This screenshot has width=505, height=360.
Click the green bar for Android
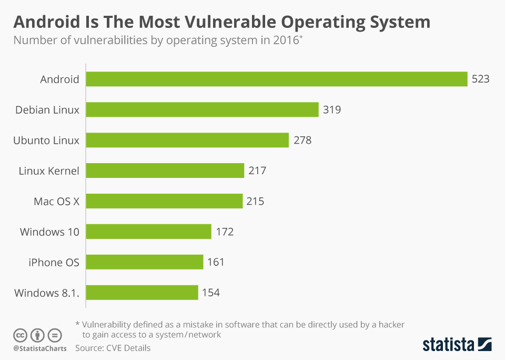276,79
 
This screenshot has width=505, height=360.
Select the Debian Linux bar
202,110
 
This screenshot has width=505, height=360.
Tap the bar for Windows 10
148,232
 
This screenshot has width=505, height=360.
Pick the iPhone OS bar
144,262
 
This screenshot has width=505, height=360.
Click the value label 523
480,79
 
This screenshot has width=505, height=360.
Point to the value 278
302,141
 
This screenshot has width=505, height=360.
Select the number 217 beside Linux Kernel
258,171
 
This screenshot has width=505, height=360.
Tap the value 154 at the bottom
210,293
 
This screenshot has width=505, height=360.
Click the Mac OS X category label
56,201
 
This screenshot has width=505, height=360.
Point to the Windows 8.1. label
47,293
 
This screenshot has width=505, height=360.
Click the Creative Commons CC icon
20,335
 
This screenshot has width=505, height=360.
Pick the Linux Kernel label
49,171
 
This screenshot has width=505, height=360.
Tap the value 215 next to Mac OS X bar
255,201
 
